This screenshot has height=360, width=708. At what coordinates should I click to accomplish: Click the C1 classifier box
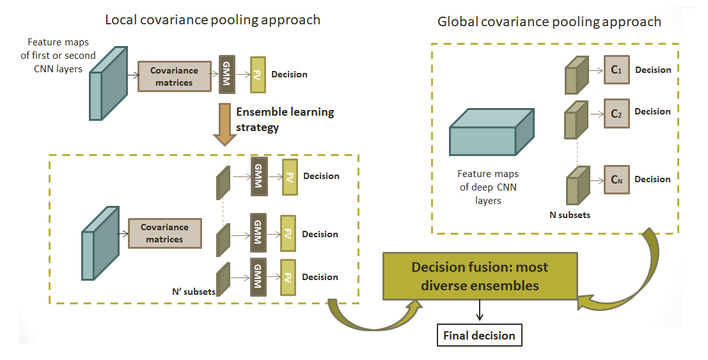coord(616,70)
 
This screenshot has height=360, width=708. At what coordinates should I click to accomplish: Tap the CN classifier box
coord(616,179)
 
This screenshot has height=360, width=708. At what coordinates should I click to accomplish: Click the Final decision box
coord(479,335)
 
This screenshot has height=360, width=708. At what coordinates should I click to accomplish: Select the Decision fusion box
coord(480,276)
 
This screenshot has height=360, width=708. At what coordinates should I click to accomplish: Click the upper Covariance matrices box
coord(174,77)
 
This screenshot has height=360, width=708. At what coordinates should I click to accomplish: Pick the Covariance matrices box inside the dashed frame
coord(164,233)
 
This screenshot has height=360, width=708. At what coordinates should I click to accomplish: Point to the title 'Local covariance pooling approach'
coord(212,20)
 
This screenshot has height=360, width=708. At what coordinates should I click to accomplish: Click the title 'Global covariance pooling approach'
coord(549,22)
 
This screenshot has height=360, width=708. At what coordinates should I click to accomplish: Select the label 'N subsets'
coord(569,215)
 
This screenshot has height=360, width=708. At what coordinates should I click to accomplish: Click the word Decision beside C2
coord(652,111)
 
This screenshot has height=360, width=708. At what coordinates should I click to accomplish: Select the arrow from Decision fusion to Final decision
coord(479,311)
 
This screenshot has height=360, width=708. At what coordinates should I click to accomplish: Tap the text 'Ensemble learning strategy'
coord(285,120)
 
